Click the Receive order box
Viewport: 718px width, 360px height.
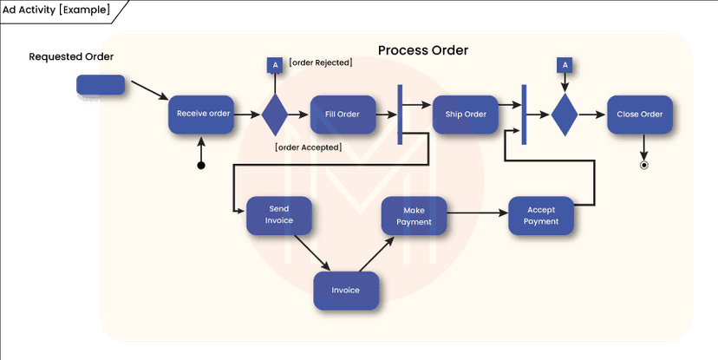pos(201,114)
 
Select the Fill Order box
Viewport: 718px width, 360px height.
pos(342,114)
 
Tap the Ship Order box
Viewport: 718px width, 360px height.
pos(466,114)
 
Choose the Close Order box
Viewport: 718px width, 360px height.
pos(640,114)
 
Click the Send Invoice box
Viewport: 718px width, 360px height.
pos(279,215)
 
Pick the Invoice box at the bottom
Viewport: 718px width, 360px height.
pos(346,290)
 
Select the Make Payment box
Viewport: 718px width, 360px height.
pos(414,215)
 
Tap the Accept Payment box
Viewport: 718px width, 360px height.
pos(541,215)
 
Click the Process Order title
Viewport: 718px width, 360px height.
pos(423,50)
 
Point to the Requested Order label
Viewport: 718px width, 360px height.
pos(72,57)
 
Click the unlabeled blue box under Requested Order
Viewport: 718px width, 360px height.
pos(101,85)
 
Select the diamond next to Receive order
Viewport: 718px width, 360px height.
pos(275,114)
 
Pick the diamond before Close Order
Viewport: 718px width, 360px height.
pos(565,114)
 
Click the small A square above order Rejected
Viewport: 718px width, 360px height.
pos(275,65)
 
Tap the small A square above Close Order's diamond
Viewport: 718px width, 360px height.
pos(565,65)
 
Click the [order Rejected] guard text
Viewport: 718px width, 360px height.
pos(321,63)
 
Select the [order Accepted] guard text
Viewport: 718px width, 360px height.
pos(308,147)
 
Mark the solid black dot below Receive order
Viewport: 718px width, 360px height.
pos(201,165)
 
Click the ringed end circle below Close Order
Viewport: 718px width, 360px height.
pos(643,164)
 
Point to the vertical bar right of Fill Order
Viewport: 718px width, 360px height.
pos(400,115)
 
